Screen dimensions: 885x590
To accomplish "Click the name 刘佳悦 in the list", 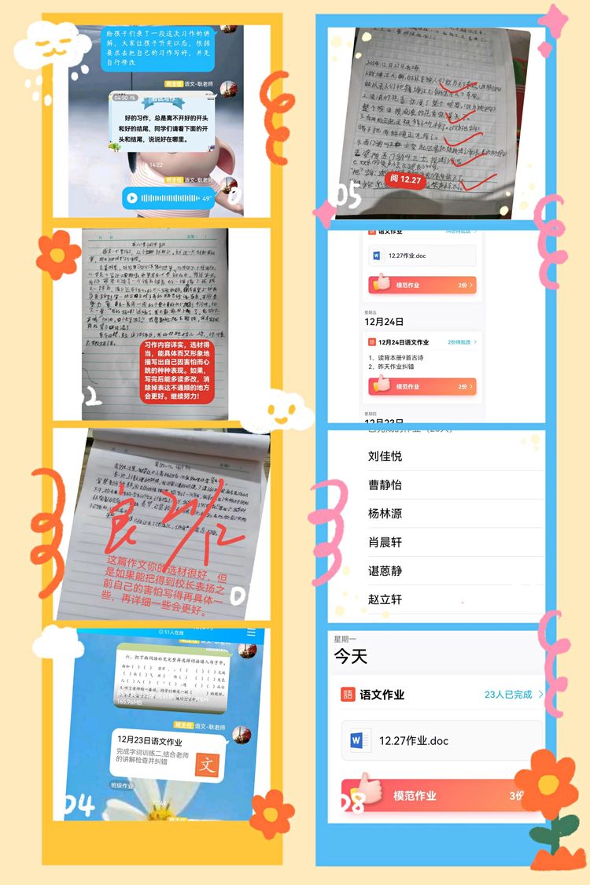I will click(x=385, y=456).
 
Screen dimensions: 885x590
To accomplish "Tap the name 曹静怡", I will click(x=385, y=485).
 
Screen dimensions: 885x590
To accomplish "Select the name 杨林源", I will click(x=385, y=514).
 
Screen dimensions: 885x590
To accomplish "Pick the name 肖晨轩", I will click(x=385, y=542).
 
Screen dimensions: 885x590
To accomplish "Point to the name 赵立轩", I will click(x=385, y=599).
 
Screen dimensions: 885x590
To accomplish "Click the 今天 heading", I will click(x=351, y=656).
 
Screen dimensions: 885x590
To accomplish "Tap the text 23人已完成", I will click(x=508, y=695).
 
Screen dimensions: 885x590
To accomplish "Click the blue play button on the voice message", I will click(x=132, y=198).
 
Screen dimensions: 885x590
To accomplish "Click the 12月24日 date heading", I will click(x=384, y=322).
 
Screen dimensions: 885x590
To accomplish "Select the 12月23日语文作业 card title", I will click(x=149, y=742).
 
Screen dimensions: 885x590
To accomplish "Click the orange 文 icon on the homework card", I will click(x=207, y=765).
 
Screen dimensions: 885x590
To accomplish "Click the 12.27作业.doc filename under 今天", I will click(x=414, y=740).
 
